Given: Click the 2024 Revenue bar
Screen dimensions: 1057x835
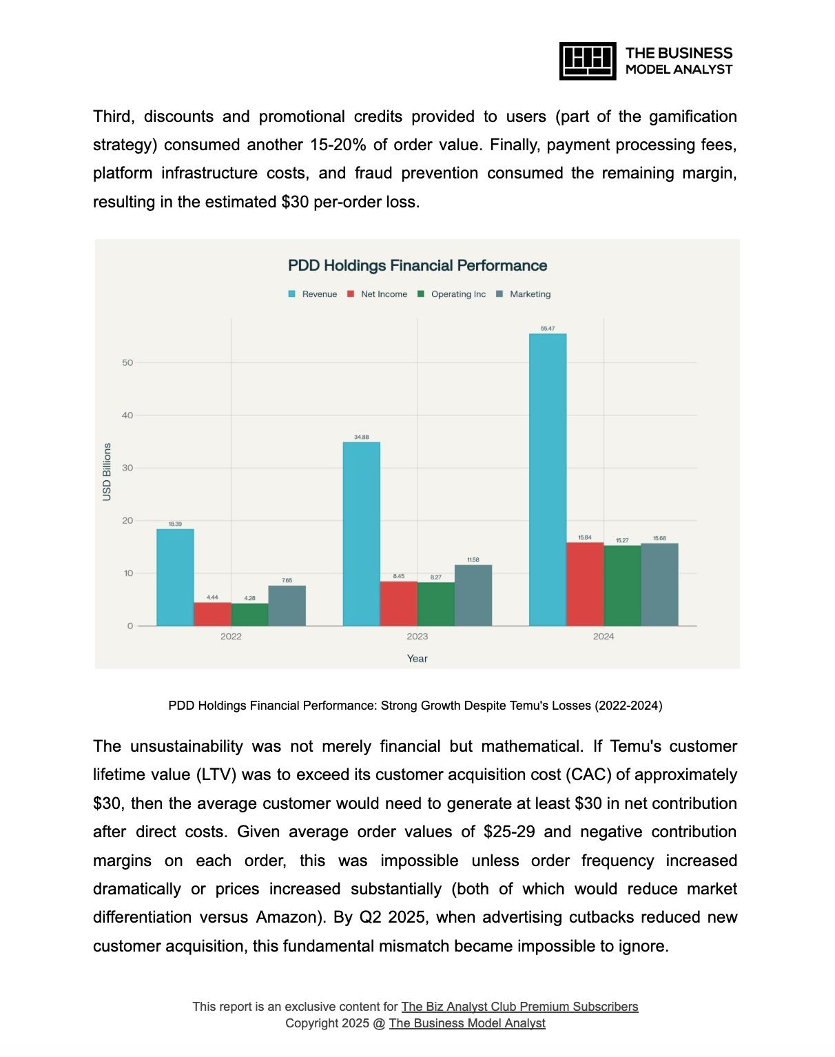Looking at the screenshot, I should tap(548, 480).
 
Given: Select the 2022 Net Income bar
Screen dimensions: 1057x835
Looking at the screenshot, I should tap(212, 614).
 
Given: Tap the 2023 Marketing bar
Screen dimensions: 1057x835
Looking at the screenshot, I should tap(473, 595).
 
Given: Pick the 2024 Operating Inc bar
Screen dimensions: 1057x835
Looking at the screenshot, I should tap(622, 586).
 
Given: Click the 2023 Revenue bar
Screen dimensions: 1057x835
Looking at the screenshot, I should tap(361, 534).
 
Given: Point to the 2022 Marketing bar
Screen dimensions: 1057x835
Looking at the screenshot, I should tap(287, 606).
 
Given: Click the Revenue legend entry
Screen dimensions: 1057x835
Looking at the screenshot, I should tap(313, 294).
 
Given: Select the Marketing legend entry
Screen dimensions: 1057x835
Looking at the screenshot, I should tap(524, 294).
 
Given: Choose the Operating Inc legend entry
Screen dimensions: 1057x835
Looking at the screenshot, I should tap(452, 294).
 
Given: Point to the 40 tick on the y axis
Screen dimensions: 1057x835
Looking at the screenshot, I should tap(127, 415).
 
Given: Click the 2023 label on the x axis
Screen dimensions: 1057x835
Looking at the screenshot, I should tap(417, 637).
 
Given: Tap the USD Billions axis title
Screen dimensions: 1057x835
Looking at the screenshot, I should tap(107, 472).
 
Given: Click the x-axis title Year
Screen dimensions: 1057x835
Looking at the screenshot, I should tap(417, 659).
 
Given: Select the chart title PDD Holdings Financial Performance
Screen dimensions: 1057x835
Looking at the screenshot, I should tap(417, 266).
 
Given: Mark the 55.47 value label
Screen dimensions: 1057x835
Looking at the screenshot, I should tap(548, 329).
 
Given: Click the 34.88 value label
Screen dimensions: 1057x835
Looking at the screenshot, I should tap(361, 437).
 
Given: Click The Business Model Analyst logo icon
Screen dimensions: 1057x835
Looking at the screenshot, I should tap(587, 61).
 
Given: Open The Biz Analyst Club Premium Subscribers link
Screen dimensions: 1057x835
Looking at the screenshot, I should tap(519, 1007).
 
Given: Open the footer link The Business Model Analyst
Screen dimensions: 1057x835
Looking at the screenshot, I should tap(467, 1023).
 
